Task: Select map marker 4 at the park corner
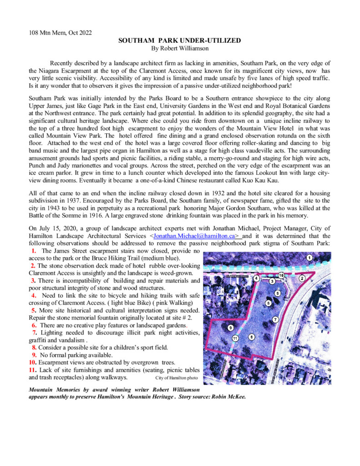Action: click(x=257, y=278)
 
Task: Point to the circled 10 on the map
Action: click(x=281, y=275)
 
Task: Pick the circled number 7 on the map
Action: click(x=275, y=319)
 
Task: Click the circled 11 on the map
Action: click(x=235, y=338)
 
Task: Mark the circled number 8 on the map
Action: click(x=251, y=337)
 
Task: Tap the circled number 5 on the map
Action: click(x=277, y=293)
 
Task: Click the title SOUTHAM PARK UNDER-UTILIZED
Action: click(x=179, y=41)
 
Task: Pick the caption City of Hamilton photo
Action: click(x=177, y=378)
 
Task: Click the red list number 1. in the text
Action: click(x=34, y=251)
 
